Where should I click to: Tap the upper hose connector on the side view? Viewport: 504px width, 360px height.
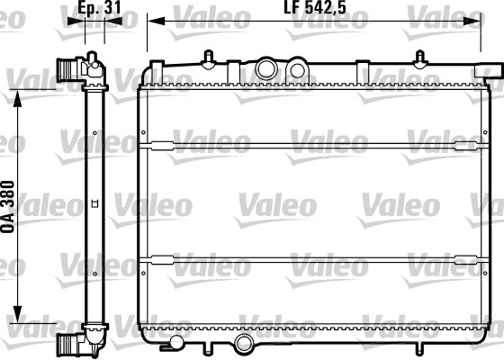tap(67, 69)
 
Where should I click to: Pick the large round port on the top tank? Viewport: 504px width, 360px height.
tap(266, 68)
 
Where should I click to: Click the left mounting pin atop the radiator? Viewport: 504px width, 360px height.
tap(209, 56)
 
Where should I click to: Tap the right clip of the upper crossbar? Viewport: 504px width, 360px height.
tap(468, 145)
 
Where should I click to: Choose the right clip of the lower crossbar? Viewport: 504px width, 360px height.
tap(468, 259)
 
